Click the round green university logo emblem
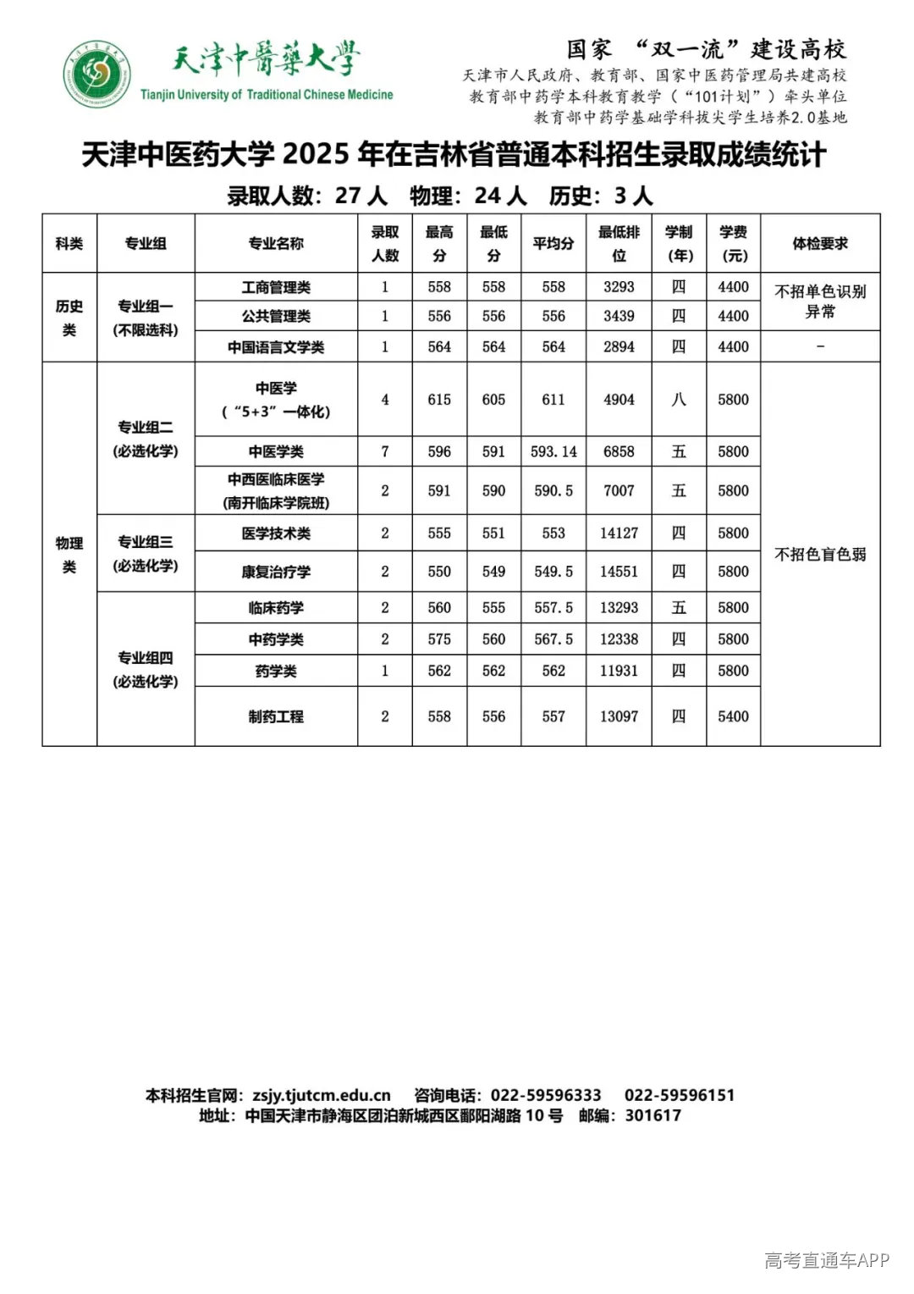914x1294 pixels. (96, 74)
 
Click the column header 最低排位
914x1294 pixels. (619, 243)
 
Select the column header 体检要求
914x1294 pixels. (819, 243)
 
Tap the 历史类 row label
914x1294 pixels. (69, 318)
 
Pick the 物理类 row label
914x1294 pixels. (69, 554)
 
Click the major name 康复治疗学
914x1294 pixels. (276, 572)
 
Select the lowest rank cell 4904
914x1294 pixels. (619, 400)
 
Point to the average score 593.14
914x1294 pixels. (553, 451)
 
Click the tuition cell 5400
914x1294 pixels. (733, 716)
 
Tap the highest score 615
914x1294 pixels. (439, 400)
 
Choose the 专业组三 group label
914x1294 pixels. (146, 553)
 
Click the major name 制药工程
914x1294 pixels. (276, 716)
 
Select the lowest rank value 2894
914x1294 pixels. (619, 346)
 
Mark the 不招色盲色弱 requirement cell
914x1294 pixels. (819, 555)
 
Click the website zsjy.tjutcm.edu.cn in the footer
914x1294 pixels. (322, 1095)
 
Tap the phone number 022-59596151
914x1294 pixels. (680, 1095)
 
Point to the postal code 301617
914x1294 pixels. (652, 1115)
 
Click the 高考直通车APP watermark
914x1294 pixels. (826, 1260)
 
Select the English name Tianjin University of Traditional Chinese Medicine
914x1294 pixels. (267, 95)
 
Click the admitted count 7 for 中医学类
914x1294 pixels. (385, 451)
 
